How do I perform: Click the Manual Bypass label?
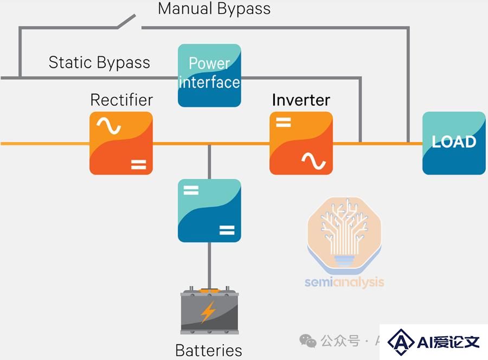coord(214,9)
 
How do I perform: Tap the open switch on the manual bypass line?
coord(126,21)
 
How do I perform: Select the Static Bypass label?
coord(99,62)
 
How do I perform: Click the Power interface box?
coord(209,75)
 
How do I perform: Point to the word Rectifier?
coord(121,100)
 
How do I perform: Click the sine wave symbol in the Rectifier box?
coord(108,126)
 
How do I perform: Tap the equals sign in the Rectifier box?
coord(138,164)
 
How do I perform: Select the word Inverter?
coord(301,100)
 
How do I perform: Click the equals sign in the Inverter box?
coord(283,122)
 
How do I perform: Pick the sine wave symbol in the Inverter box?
coord(314,161)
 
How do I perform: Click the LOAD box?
coord(454,143)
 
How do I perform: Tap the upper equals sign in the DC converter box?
coord(191,190)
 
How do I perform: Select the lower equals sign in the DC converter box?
coord(227,230)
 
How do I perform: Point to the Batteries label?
coord(209,350)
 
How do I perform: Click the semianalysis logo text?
coord(344,282)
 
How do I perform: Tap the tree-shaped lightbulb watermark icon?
coord(344,233)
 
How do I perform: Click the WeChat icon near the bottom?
coord(308,341)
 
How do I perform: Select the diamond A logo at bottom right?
coord(401,342)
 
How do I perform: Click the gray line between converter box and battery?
coord(209,266)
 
